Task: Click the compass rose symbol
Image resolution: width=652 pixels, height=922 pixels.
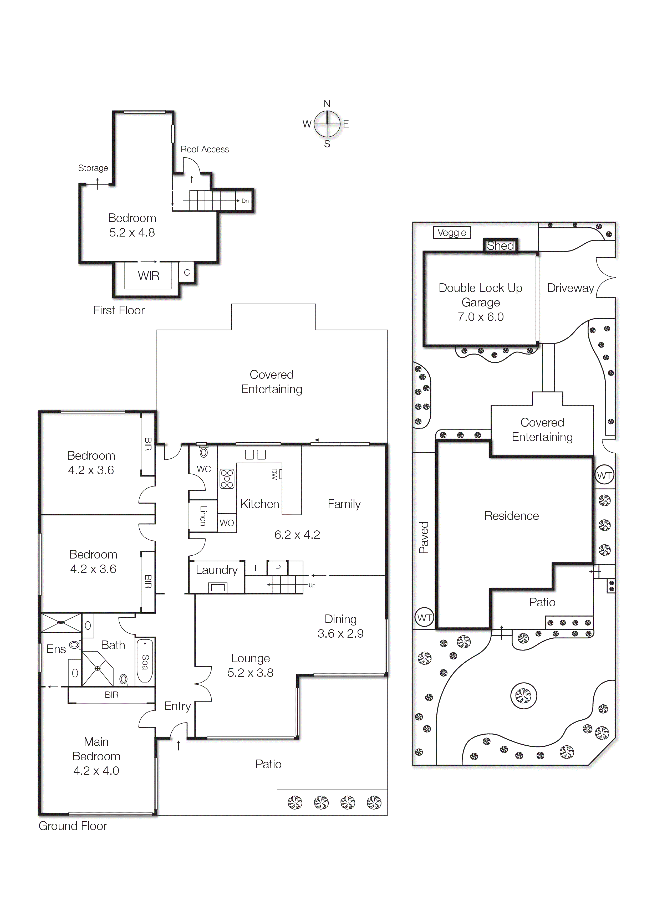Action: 327,124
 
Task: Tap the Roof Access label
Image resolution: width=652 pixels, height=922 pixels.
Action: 205,149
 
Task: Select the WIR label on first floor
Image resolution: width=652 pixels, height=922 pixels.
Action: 149,276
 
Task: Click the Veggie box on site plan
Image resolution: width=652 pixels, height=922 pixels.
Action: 452,233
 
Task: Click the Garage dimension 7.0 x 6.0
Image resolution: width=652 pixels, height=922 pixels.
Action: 481,317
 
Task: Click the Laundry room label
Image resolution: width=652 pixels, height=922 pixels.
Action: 217,570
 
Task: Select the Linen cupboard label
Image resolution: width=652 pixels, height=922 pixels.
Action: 203,516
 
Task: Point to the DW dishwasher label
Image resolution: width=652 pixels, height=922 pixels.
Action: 274,474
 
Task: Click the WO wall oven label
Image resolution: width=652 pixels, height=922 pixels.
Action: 227,523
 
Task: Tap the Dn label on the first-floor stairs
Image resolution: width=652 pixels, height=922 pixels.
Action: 245,201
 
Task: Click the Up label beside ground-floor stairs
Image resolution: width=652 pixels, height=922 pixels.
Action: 312,586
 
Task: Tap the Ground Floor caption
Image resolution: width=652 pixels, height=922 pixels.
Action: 73,826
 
